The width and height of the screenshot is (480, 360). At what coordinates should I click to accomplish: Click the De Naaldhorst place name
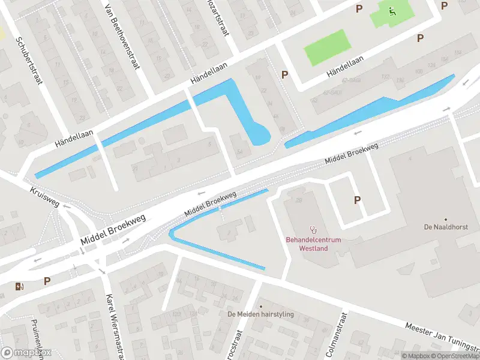tap(445, 227)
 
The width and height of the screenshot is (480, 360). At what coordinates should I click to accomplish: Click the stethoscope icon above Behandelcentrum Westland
tap(313, 229)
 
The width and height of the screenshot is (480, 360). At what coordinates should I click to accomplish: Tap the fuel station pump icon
tap(20, 286)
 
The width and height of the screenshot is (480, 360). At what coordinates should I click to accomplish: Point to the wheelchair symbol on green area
tap(392, 11)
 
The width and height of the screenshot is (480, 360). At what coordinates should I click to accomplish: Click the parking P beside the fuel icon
tap(47, 281)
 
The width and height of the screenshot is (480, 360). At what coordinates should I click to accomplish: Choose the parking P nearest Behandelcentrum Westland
tap(358, 200)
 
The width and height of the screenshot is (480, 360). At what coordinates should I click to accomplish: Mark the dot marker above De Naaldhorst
tap(445, 220)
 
